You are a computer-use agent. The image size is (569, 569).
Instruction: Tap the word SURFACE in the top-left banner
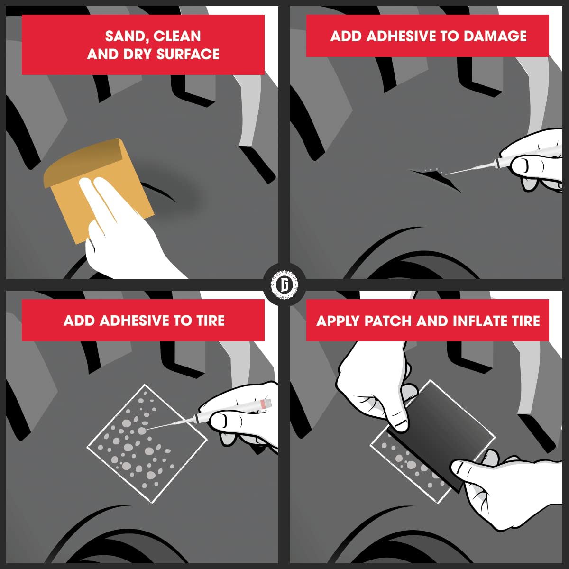[188, 55]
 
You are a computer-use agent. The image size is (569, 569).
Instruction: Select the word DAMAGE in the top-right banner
[495, 36]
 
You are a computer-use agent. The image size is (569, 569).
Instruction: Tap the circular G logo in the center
[284, 284]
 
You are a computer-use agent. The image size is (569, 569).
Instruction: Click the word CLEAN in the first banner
[177, 37]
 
